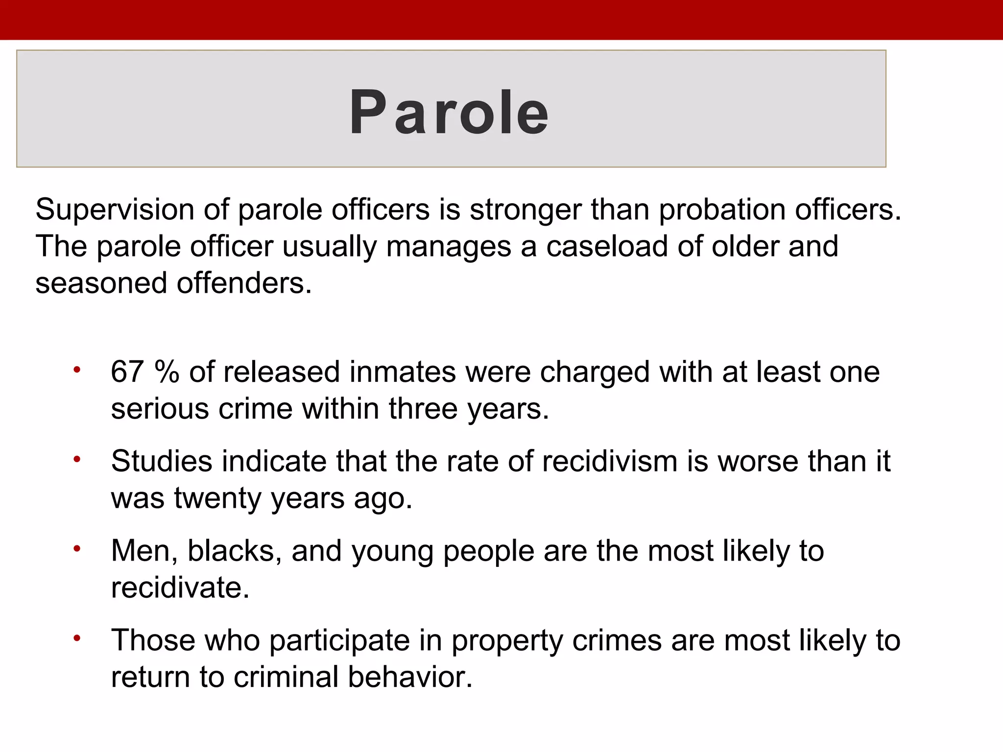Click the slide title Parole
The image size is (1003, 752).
[x=449, y=113]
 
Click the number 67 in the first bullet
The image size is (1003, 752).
[x=127, y=372]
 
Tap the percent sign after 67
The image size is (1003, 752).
[x=167, y=372]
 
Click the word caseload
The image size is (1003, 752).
[x=607, y=246]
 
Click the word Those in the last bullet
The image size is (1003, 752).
[x=153, y=640]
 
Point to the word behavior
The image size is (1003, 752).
[x=410, y=677]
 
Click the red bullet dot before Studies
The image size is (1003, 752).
[x=76, y=459]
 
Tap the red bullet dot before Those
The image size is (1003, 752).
[x=76, y=638]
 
